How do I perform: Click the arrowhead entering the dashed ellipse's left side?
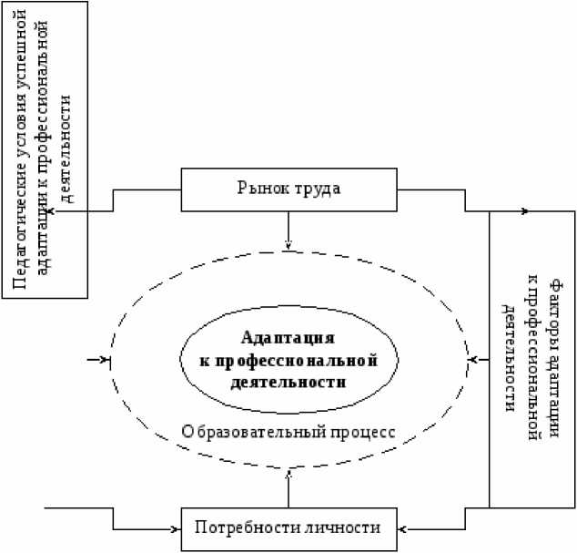pyautogui.click(x=105, y=360)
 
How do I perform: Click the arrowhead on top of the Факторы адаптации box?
pyautogui.click(x=524, y=211)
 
